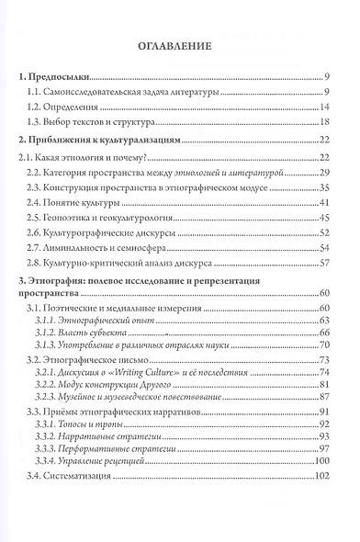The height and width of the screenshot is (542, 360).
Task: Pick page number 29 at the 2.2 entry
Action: (x=324, y=173)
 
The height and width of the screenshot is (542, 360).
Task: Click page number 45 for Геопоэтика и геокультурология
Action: (x=324, y=217)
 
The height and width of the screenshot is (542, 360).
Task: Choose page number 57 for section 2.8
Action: (x=324, y=262)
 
